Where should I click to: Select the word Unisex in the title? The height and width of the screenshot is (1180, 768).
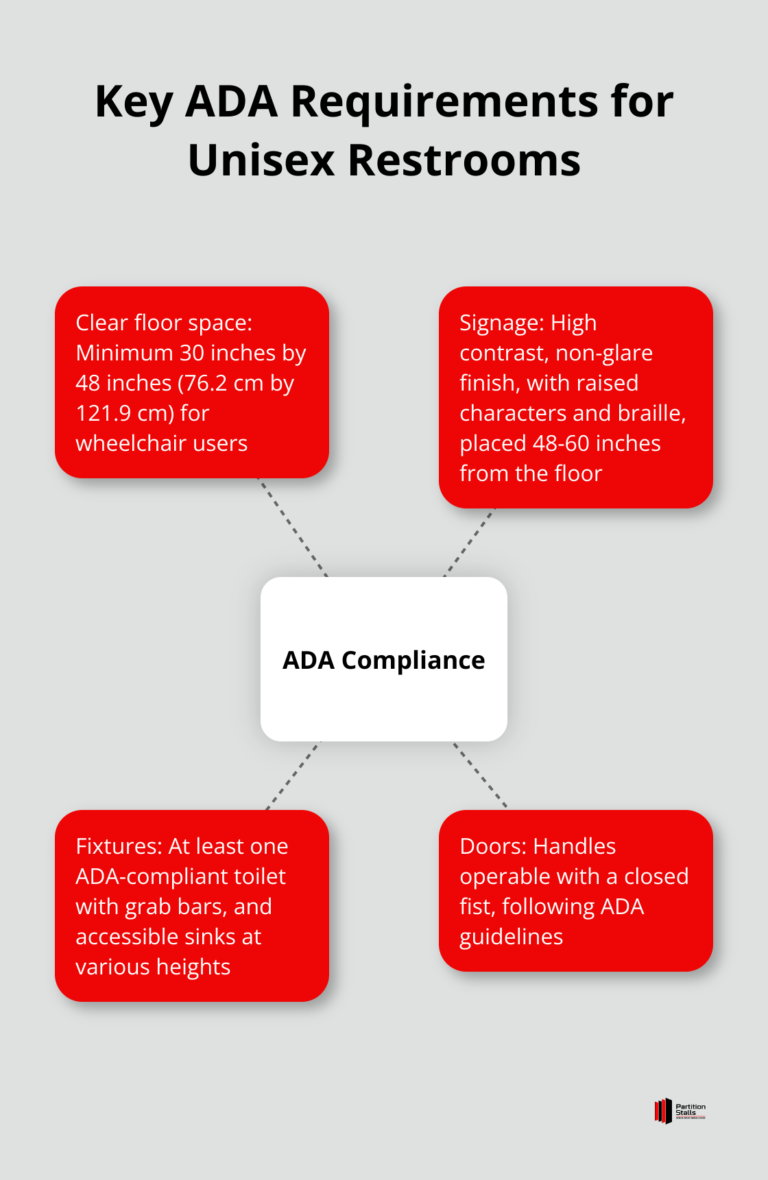coord(261,161)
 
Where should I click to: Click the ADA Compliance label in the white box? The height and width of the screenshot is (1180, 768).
coord(383,660)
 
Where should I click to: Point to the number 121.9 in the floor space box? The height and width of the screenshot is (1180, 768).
coord(104,413)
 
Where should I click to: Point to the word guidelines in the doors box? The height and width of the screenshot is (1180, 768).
coord(511,937)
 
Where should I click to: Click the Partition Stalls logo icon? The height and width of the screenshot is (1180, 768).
coord(663,1111)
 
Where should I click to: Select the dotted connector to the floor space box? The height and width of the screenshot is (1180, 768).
coord(293,527)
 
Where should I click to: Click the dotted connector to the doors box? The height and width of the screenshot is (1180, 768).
coord(480,774)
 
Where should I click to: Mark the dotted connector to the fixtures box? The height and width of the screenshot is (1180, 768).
coord(293,775)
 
